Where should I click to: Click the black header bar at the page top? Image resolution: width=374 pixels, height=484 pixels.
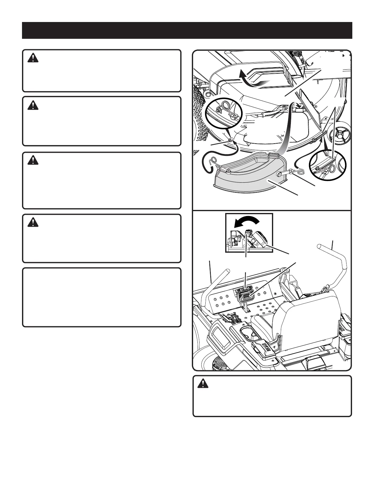187,30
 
